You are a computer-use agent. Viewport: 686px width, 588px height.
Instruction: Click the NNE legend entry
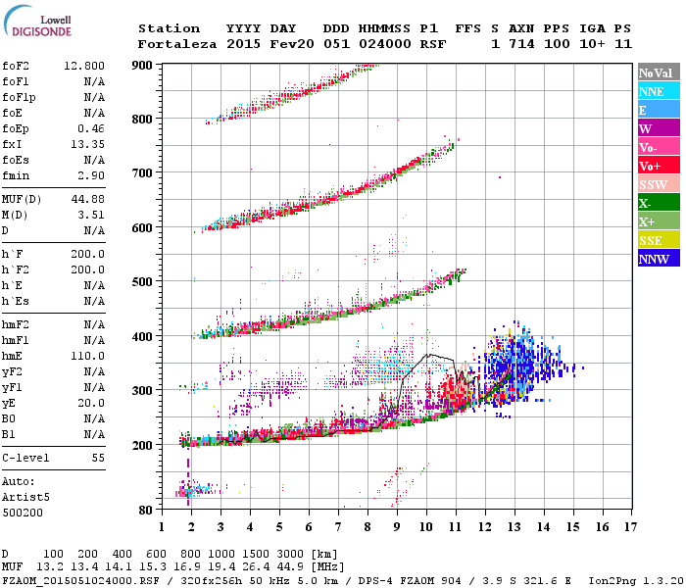click(x=659, y=91)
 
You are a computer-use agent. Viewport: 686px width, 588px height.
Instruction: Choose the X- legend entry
click(x=659, y=203)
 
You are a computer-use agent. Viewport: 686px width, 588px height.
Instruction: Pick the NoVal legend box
click(x=659, y=73)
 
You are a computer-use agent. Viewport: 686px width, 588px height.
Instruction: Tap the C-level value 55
click(x=98, y=458)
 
